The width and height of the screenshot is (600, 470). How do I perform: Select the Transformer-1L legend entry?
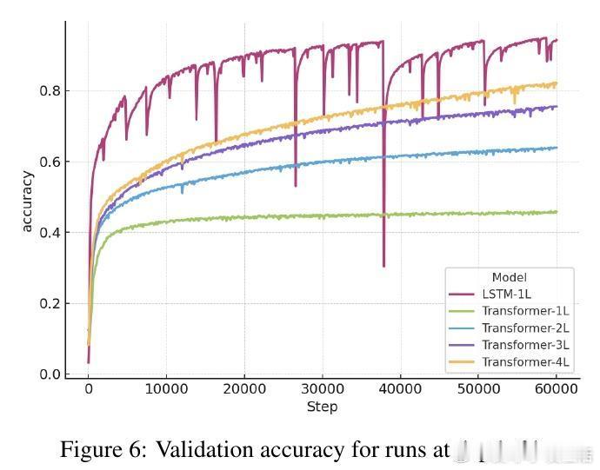525,310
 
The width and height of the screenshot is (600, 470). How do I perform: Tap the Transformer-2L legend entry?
525,328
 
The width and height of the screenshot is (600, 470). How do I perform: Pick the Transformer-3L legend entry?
525,345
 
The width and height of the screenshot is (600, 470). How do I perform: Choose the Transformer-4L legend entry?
525,361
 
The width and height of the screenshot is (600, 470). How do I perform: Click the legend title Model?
509,277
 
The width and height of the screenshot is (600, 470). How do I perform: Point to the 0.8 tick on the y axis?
51,90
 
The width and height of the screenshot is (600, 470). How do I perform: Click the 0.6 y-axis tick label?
51,162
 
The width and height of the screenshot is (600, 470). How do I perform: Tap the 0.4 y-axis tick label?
51,232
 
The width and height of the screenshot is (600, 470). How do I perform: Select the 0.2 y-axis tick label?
51,303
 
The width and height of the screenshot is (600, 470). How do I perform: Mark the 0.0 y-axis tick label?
51,374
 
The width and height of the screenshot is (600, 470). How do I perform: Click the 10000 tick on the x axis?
166,390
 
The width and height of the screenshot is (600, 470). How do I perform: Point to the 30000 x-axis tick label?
322,390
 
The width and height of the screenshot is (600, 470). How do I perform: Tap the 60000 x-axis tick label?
557,390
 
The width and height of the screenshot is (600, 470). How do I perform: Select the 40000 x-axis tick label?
400,390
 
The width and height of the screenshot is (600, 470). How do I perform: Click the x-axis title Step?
322,407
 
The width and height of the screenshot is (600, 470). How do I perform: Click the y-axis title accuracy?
27,202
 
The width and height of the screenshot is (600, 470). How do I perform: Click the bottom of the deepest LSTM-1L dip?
383,266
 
